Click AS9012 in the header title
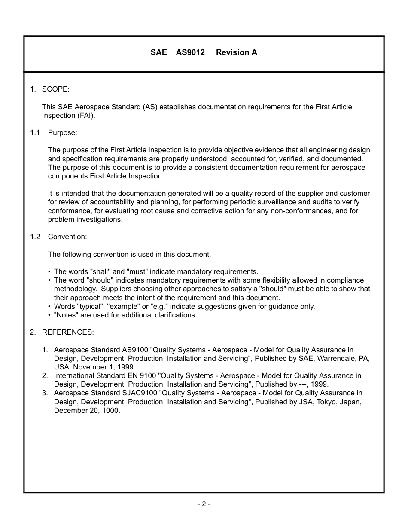click(190, 52)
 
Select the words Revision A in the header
click(237, 52)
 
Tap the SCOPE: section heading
click(55, 89)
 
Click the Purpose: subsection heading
click(62, 132)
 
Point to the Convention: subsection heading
click(67, 237)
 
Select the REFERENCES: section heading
click(67, 332)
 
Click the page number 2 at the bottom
click(204, 504)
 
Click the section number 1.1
click(35, 132)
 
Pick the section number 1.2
click(35, 237)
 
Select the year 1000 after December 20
click(111, 410)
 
